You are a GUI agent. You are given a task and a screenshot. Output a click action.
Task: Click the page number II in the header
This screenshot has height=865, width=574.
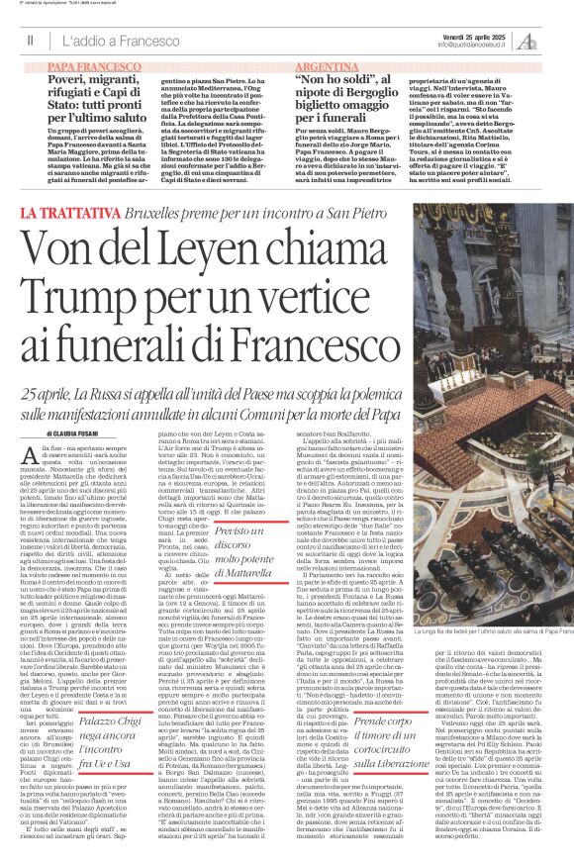[31, 41]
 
